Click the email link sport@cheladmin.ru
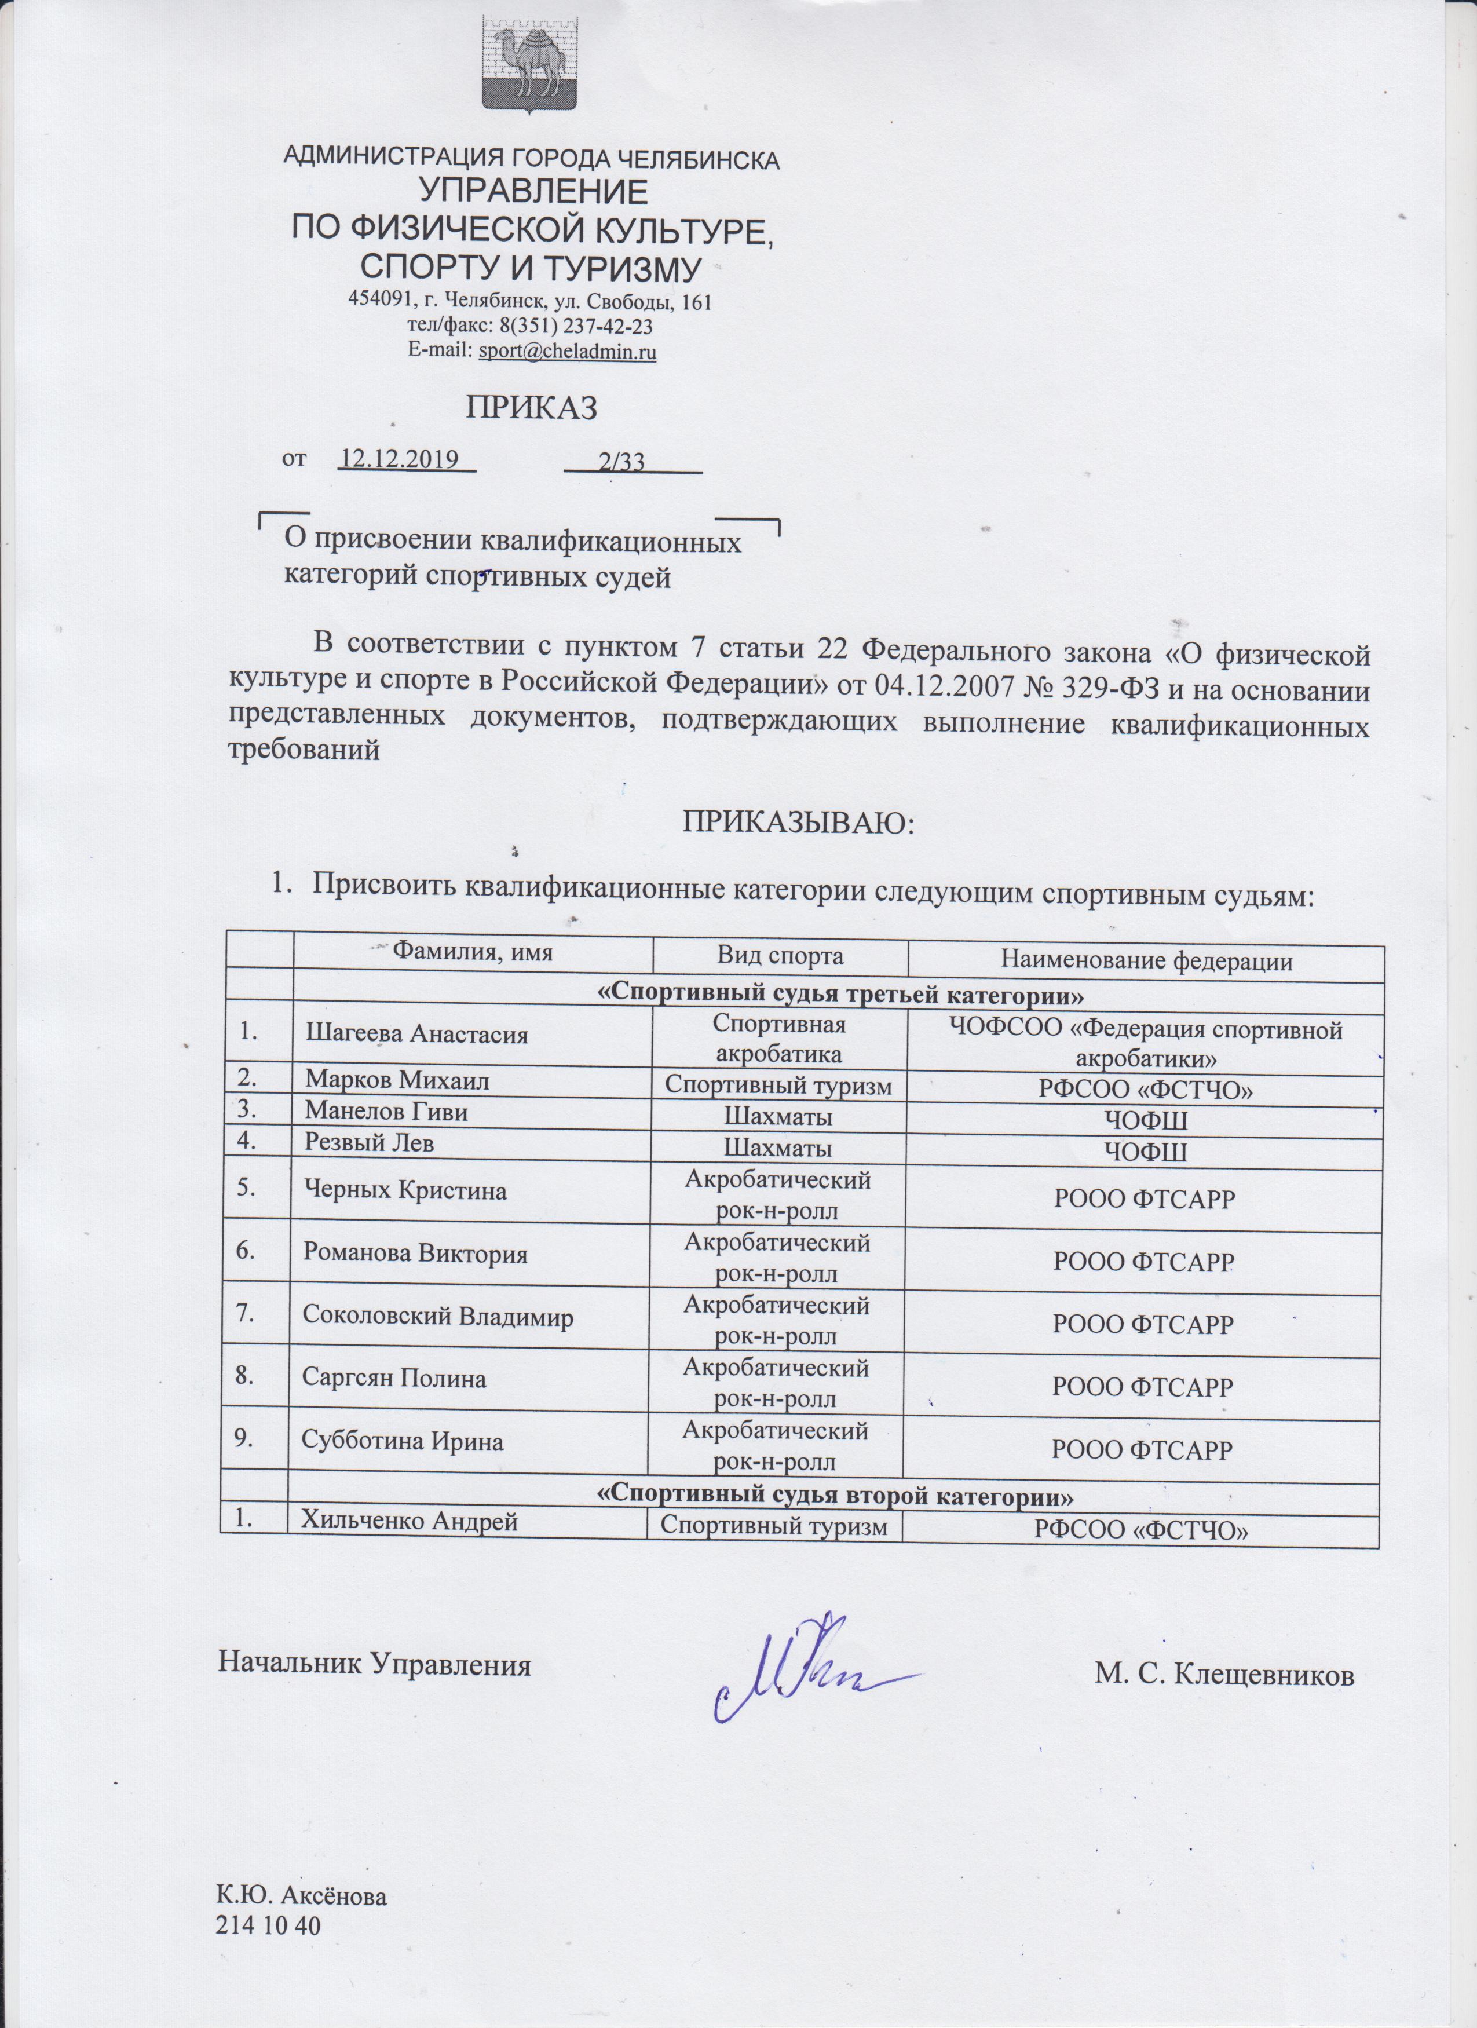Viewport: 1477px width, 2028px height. click(x=568, y=352)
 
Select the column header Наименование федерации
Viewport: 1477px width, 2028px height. click(x=1147, y=961)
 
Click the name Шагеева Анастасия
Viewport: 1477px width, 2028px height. click(x=416, y=1035)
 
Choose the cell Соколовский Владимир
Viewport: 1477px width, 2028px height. click(x=438, y=1317)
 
